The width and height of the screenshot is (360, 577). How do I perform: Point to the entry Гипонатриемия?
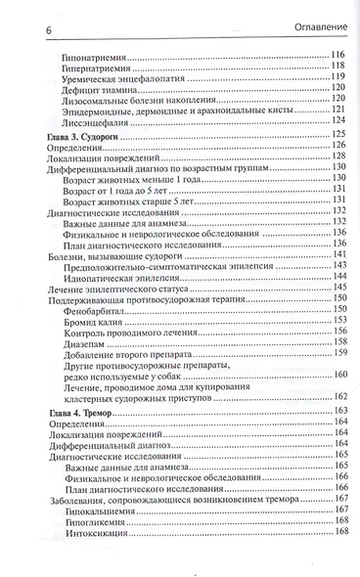click(99, 53)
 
